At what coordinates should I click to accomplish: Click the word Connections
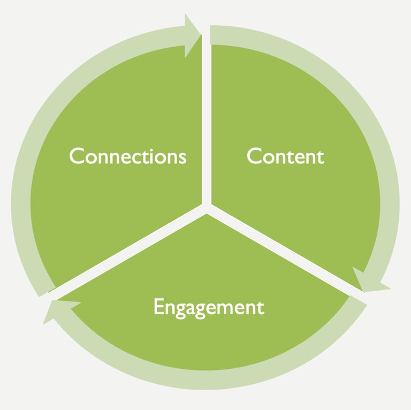pos(128,156)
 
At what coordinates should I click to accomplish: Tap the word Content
pos(285,156)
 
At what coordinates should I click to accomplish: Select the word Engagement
pos(209,308)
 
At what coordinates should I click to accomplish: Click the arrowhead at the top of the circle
pos(191,35)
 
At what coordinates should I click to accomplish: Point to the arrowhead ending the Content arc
pos(369,280)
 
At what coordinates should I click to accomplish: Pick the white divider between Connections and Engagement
pos(128,249)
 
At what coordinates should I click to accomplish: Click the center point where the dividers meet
pos(206,206)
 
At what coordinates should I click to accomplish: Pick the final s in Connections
pos(182,158)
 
